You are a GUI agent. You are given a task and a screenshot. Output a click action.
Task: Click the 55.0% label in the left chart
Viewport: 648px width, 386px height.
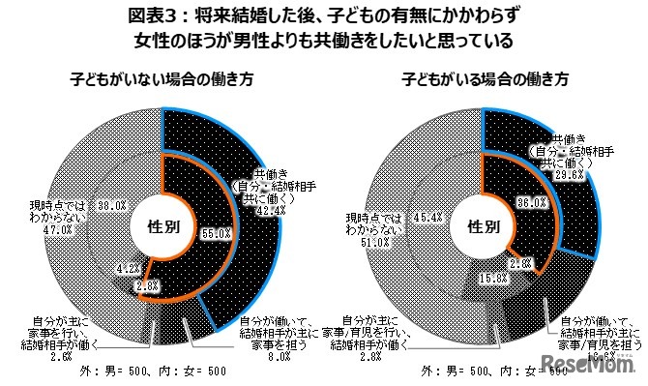(x=216, y=233)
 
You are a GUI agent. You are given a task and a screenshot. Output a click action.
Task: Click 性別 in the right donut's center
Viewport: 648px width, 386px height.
(x=484, y=227)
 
